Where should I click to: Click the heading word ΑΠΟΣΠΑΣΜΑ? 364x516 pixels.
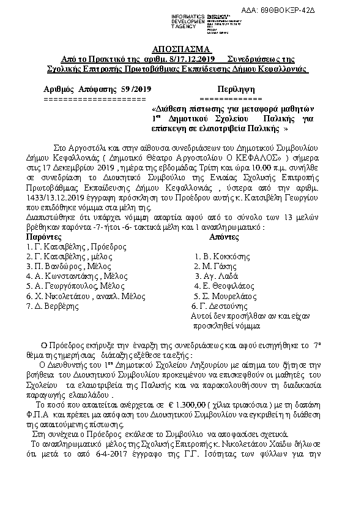tap(181, 48)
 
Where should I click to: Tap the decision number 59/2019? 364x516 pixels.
tap(136, 89)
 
